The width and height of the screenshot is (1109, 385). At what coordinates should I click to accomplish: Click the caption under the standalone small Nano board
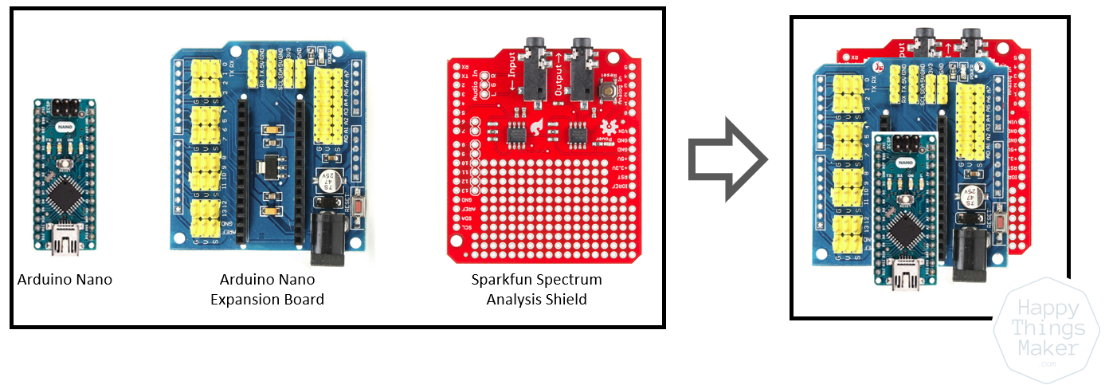(x=65, y=280)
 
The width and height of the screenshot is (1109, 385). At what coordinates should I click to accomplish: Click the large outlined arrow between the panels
(x=727, y=159)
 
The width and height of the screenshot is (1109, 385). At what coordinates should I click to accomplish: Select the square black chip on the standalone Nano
(x=65, y=194)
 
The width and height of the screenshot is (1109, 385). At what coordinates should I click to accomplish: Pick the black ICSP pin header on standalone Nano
(x=65, y=107)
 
